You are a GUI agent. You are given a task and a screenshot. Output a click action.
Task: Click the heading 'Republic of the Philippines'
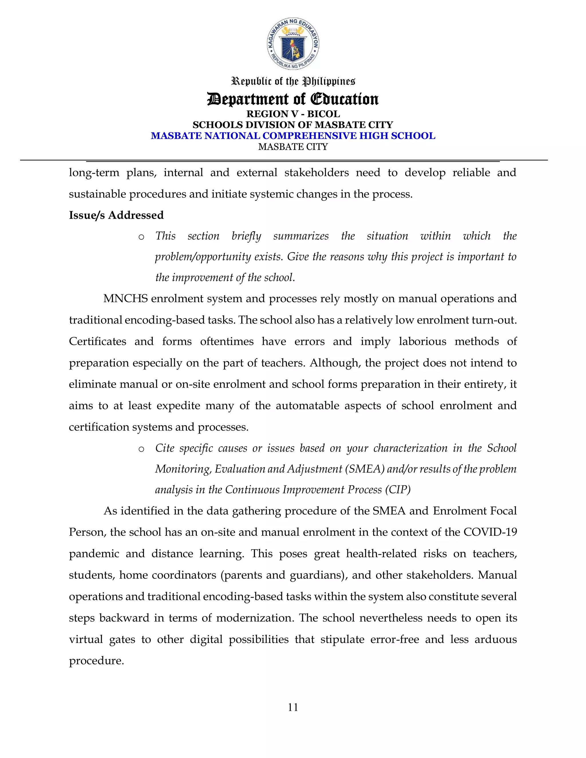tap(293, 82)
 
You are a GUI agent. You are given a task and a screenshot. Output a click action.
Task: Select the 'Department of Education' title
tap(293, 99)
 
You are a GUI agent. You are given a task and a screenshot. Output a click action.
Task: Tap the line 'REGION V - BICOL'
tap(293, 114)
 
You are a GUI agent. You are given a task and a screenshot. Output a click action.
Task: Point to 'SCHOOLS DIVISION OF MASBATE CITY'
tap(293, 125)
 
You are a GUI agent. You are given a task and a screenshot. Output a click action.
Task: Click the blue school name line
tap(293, 136)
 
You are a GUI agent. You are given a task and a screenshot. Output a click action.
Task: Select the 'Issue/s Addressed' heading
tap(116, 215)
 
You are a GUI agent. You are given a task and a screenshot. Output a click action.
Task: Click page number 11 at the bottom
tap(293, 707)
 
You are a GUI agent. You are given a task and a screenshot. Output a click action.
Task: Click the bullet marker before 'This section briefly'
tap(141, 237)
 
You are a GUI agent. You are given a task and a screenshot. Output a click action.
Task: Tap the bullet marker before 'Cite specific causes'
tap(141, 449)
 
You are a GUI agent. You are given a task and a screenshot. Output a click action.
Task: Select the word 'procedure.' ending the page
tap(96, 660)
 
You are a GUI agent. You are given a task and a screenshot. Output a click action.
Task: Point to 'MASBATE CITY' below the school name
tap(293, 147)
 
